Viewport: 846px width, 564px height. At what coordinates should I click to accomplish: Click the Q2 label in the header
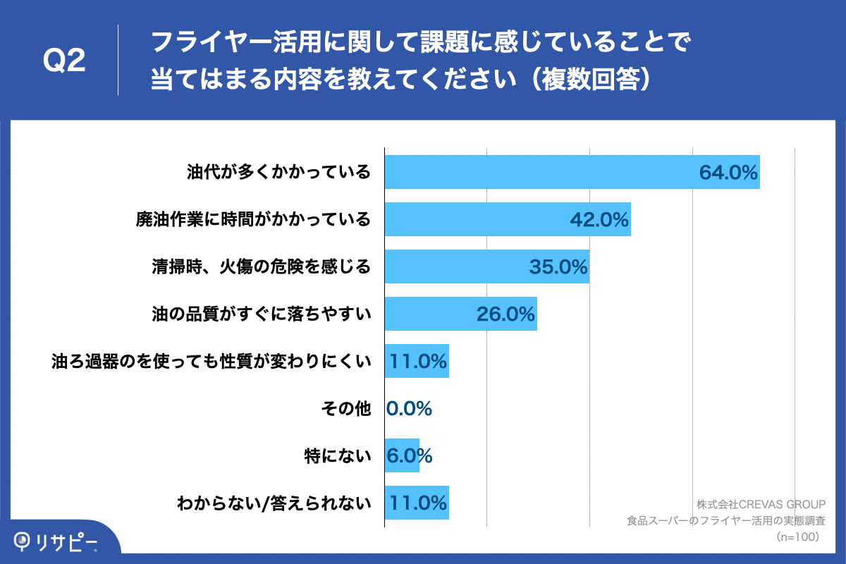(64, 61)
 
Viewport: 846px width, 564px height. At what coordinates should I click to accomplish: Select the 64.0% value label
(728, 172)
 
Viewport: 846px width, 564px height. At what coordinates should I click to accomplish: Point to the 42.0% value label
(599, 220)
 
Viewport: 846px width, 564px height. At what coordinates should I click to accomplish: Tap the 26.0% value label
(505, 314)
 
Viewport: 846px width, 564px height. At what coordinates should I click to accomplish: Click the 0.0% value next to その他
(409, 409)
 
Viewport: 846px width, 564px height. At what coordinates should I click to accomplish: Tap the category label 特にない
(336, 456)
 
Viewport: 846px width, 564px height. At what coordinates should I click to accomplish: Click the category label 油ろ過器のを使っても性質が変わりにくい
(211, 362)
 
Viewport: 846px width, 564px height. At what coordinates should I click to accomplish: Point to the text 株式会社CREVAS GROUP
(761, 505)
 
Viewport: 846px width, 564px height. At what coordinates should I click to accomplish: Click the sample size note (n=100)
(796, 537)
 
